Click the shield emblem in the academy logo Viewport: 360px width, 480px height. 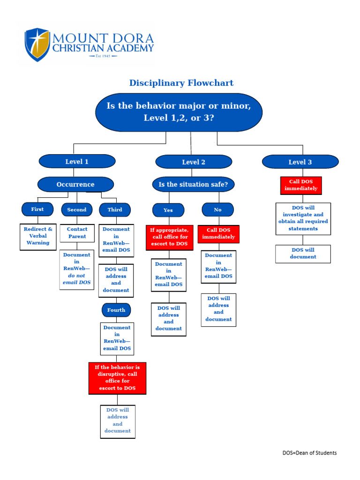37,45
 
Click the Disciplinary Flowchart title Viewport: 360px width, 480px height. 181,83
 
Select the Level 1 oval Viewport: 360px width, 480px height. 77,161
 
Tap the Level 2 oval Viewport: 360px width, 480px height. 194,162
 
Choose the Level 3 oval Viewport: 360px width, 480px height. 300,162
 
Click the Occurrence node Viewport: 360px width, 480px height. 75,184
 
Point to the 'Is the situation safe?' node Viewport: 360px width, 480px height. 193,184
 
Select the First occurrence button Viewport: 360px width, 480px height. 37,209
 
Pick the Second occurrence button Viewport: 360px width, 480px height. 77,210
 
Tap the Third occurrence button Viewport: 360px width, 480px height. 115,210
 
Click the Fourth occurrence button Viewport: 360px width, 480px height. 116,310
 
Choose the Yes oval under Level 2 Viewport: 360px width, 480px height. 168,210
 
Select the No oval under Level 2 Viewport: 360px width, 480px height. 217,210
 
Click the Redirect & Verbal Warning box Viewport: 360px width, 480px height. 38,236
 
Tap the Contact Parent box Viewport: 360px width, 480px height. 77,232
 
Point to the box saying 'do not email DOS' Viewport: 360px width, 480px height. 77,270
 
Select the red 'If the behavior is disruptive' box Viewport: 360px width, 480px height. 117,378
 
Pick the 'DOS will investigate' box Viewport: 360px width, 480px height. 303,218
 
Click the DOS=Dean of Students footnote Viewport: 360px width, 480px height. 309,453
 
